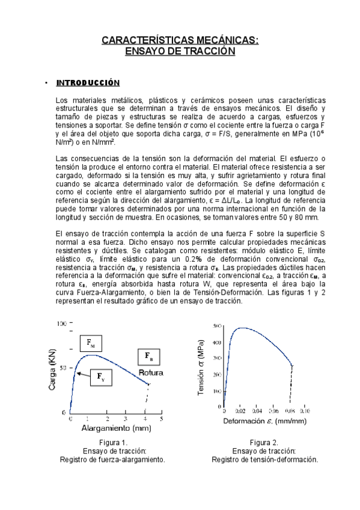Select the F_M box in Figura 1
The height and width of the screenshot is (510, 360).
click(91, 343)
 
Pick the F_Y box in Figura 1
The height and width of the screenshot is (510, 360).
click(100, 378)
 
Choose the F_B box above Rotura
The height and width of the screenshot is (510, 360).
click(148, 357)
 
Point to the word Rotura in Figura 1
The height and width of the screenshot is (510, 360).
click(151, 373)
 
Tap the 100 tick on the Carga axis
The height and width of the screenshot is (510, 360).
click(60, 324)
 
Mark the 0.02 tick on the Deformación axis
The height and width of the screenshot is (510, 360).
click(240, 411)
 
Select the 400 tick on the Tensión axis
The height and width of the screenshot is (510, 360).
click(217, 342)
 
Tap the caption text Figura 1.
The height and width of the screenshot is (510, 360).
click(112, 443)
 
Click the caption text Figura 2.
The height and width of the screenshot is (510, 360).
click(264, 443)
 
